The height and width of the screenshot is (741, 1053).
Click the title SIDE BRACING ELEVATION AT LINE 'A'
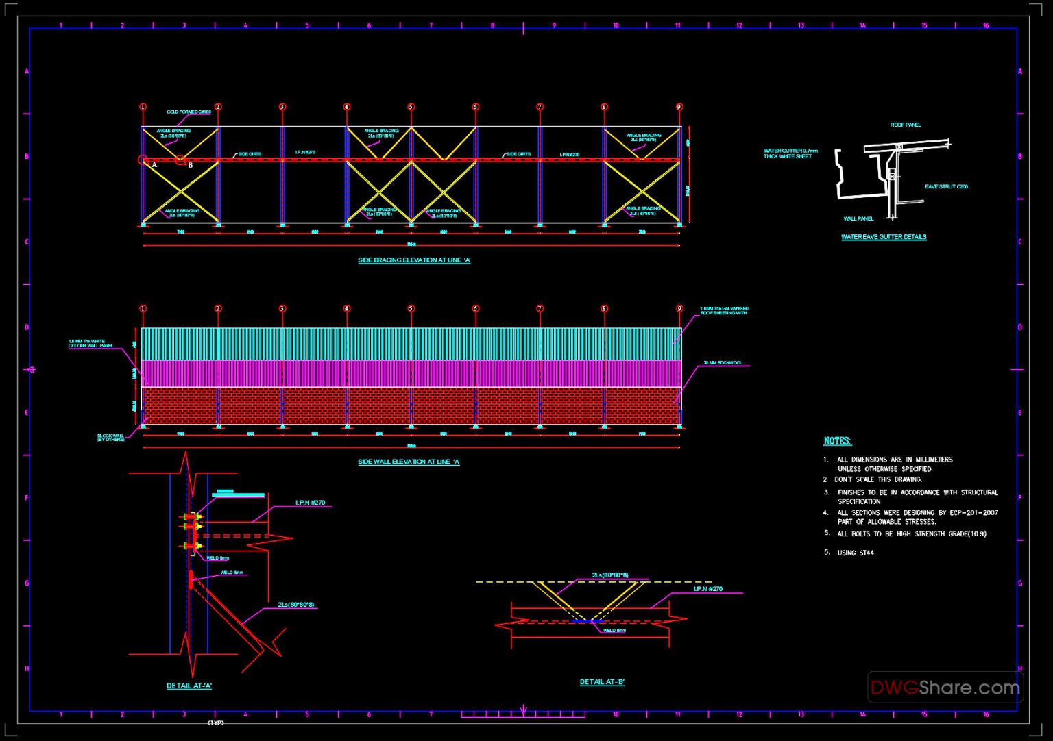(414, 260)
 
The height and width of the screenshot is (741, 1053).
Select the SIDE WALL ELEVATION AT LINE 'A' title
(409, 462)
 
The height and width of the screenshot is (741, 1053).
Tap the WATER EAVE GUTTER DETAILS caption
(884, 237)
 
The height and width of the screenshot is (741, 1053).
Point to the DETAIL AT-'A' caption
(189, 686)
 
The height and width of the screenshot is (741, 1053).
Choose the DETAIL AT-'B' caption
(602, 682)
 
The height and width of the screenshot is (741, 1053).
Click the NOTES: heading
(837, 441)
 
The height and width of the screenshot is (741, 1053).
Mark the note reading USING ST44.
(856, 553)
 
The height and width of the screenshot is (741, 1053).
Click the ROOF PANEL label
(905, 125)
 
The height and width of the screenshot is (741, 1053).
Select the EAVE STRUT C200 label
(946, 186)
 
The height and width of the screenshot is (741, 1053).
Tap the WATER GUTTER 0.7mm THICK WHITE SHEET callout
(790, 153)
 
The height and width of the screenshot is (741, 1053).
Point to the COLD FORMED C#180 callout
(189, 112)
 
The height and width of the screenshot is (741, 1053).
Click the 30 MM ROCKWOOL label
(723, 363)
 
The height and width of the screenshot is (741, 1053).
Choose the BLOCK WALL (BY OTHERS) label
(110, 438)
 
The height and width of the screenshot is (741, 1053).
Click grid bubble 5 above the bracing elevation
(411, 107)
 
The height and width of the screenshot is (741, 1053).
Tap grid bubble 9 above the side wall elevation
(679, 309)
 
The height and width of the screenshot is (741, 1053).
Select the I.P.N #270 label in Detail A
(310, 503)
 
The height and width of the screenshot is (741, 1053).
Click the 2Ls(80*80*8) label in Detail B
(610, 575)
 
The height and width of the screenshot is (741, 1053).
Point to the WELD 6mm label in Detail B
(614, 631)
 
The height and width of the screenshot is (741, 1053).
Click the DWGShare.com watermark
(945, 688)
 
